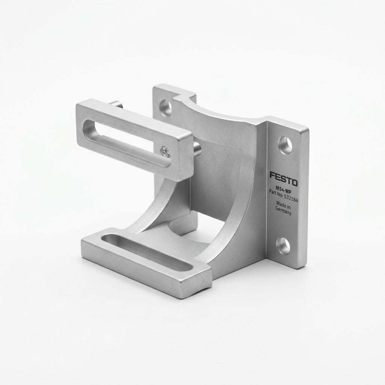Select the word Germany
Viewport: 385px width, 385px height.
coord(283,211)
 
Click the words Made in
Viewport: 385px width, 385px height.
coord(283,205)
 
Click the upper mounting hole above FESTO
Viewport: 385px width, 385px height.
coord(285,145)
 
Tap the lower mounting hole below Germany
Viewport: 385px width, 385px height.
coord(283,246)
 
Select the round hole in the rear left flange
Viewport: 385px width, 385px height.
coord(165,107)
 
